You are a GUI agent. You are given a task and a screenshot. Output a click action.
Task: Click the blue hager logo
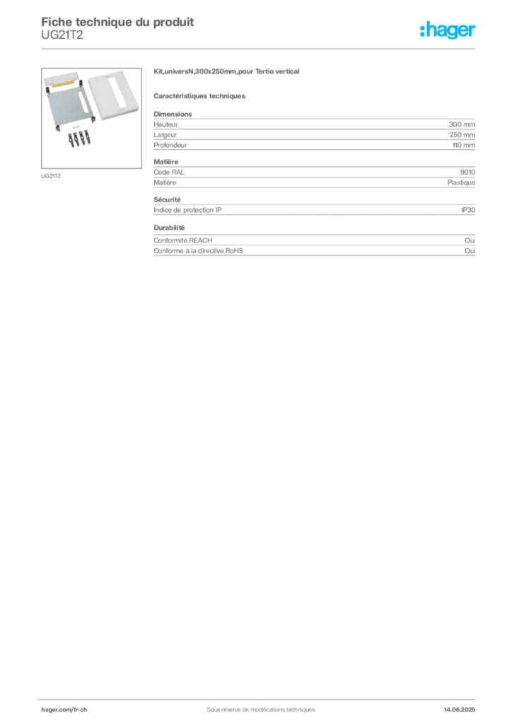449,31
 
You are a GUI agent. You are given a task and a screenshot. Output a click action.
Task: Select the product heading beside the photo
228,72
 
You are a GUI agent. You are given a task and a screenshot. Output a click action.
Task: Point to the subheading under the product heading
200,95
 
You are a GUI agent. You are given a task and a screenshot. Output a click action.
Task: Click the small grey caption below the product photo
51,175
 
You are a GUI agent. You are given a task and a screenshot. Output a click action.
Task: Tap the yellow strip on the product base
64,84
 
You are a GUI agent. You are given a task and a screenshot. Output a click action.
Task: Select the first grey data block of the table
313,132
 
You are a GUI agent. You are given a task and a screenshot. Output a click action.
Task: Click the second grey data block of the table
313,177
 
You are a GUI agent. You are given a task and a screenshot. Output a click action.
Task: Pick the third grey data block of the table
313,210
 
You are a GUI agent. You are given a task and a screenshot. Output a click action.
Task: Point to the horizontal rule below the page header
260,48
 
